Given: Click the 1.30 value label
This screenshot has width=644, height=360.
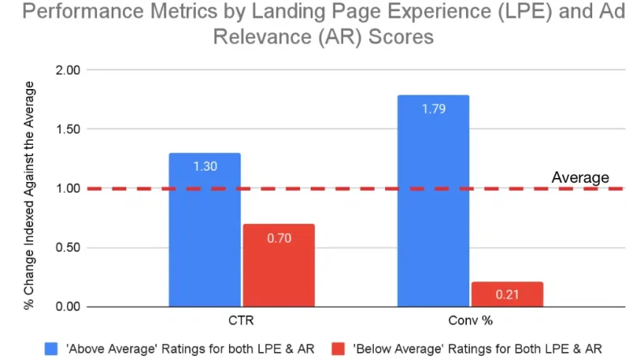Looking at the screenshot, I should coord(205,166).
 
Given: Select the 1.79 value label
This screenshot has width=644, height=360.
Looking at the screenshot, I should coord(434,107).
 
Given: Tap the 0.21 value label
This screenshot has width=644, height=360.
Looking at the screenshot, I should coord(507,294).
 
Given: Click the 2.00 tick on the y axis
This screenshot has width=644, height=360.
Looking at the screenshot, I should coord(67,70).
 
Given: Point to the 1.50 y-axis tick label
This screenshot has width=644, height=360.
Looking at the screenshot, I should coord(67,129).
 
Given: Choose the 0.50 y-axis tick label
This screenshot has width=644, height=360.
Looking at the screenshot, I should coord(67,248).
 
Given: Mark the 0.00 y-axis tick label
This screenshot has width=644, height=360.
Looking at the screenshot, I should coord(67,307).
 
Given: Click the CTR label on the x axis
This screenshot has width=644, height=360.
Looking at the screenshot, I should coord(241,320).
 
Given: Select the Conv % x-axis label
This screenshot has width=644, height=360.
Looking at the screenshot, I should coord(470,320).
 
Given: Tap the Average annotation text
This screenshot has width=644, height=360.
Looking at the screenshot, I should coord(580,177).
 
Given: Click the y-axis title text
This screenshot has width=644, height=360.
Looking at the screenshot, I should coord(29,188).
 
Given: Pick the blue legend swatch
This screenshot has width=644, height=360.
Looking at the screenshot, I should coord(50,347).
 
